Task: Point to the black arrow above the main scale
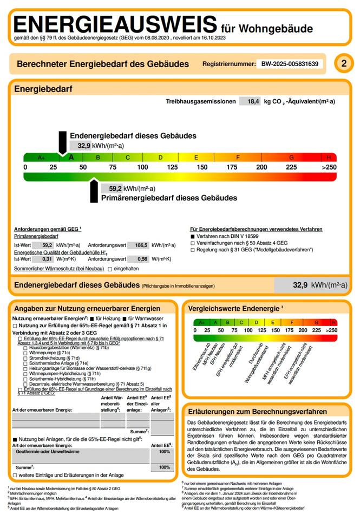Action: click(62, 145)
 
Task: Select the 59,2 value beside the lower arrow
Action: click(115, 188)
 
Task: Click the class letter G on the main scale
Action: click(291, 158)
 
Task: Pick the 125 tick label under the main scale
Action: click(173, 167)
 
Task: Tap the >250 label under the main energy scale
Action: click(329, 167)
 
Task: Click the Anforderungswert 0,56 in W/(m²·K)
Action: click(142, 259)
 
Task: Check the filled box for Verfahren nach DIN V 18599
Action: click(192, 237)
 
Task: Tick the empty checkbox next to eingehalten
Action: click(110, 269)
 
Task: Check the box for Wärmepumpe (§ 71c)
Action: click(25, 353)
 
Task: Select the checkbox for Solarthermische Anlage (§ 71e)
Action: click(25, 363)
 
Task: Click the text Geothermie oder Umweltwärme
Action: click(48, 451)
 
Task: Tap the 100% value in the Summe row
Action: click(164, 467)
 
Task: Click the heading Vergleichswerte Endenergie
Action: click(233, 308)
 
